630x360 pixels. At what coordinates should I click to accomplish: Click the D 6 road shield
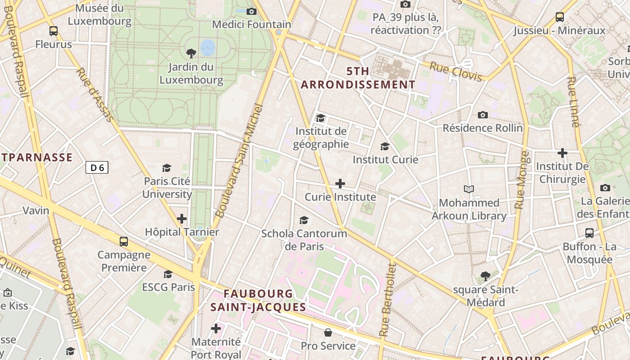[97, 168]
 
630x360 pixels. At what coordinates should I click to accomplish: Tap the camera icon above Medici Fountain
[252, 11]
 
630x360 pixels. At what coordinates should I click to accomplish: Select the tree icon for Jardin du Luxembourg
[191, 54]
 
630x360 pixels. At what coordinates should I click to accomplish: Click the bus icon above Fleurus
[54, 31]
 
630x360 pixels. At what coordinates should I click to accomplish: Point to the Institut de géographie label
[321, 138]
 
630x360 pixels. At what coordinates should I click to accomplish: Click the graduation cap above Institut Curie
[385, 146]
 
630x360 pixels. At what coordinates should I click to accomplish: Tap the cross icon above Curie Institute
[340, 184]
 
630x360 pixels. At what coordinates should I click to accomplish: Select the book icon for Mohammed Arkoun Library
[469, 189]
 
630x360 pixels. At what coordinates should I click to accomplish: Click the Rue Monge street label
[522, 180]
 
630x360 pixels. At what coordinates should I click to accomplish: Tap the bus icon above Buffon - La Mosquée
[589, 233]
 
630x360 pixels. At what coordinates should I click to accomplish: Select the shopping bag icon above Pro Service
[328, 333]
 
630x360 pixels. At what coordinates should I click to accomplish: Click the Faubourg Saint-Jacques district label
[258, 301]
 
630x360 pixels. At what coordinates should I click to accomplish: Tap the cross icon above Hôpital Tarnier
[182, 219]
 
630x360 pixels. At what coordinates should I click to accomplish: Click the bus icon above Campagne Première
[124, 242]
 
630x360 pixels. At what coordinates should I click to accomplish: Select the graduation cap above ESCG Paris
[168, 274]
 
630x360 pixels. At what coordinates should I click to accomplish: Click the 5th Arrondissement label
[358, 78]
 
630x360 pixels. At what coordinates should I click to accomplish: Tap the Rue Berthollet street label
[387, 300]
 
